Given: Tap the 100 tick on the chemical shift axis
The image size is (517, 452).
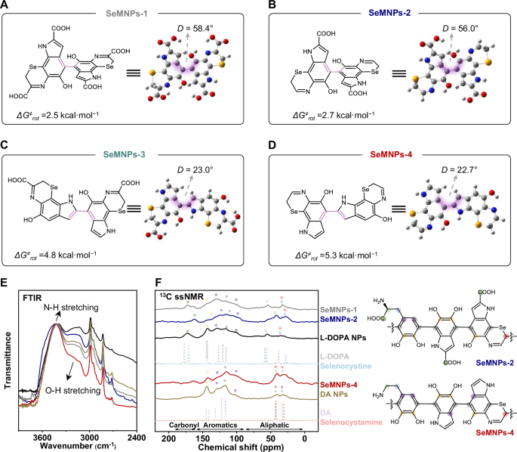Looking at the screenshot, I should [238, 429].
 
